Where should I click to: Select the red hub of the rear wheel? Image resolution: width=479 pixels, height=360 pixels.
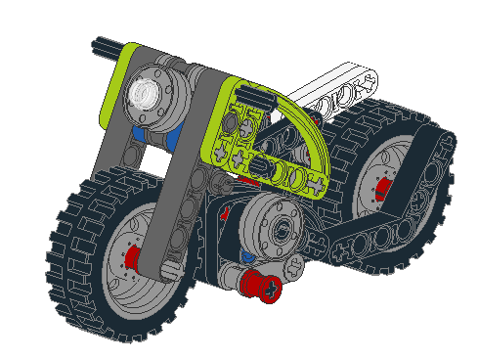click(x=383, y=187)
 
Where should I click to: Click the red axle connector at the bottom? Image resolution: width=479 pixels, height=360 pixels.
click(x=262, y=287)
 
